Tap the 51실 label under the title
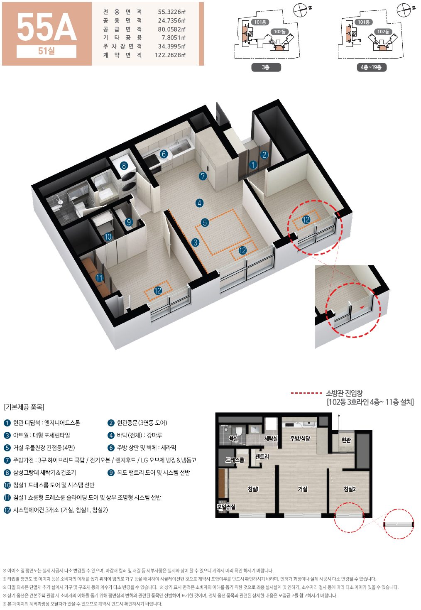(x=47, y=51)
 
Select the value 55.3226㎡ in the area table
(x=171, y=12)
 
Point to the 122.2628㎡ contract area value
(x=170, y=55)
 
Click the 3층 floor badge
(x=265, y=67)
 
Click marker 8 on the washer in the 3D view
(x=124, y=166)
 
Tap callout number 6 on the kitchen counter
(x=164, y=154)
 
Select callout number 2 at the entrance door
(x=264, y=155)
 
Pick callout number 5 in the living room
(x=205, y=223)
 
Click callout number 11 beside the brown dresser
(x=99, y=278)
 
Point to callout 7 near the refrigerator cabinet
(x=203, y=176)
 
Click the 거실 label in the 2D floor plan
(x=302, y=489)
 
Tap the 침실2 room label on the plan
(x=350, y=489)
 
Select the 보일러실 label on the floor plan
(x=226, y=507)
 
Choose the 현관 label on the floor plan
(x=346, y=440)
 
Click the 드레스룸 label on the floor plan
(x=235, y=460)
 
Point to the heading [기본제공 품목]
(x=24, y=407)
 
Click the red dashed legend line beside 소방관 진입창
(x=306, y=393)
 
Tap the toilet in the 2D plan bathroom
(x=239, y=431)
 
